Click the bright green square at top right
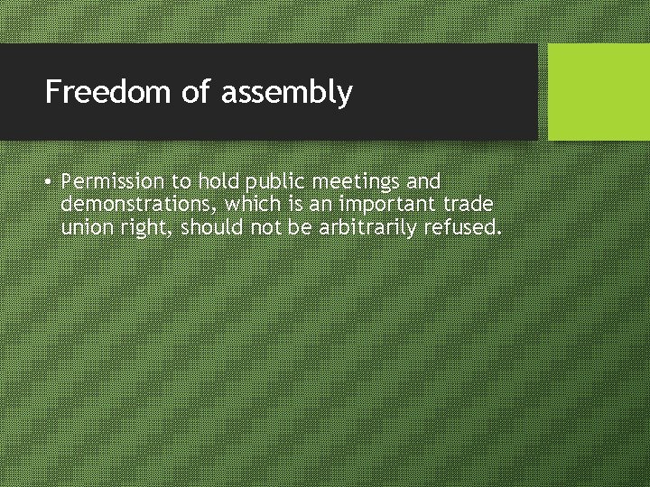click(599, 92)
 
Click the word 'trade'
click(466, 205)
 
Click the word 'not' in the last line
click(264, 227)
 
